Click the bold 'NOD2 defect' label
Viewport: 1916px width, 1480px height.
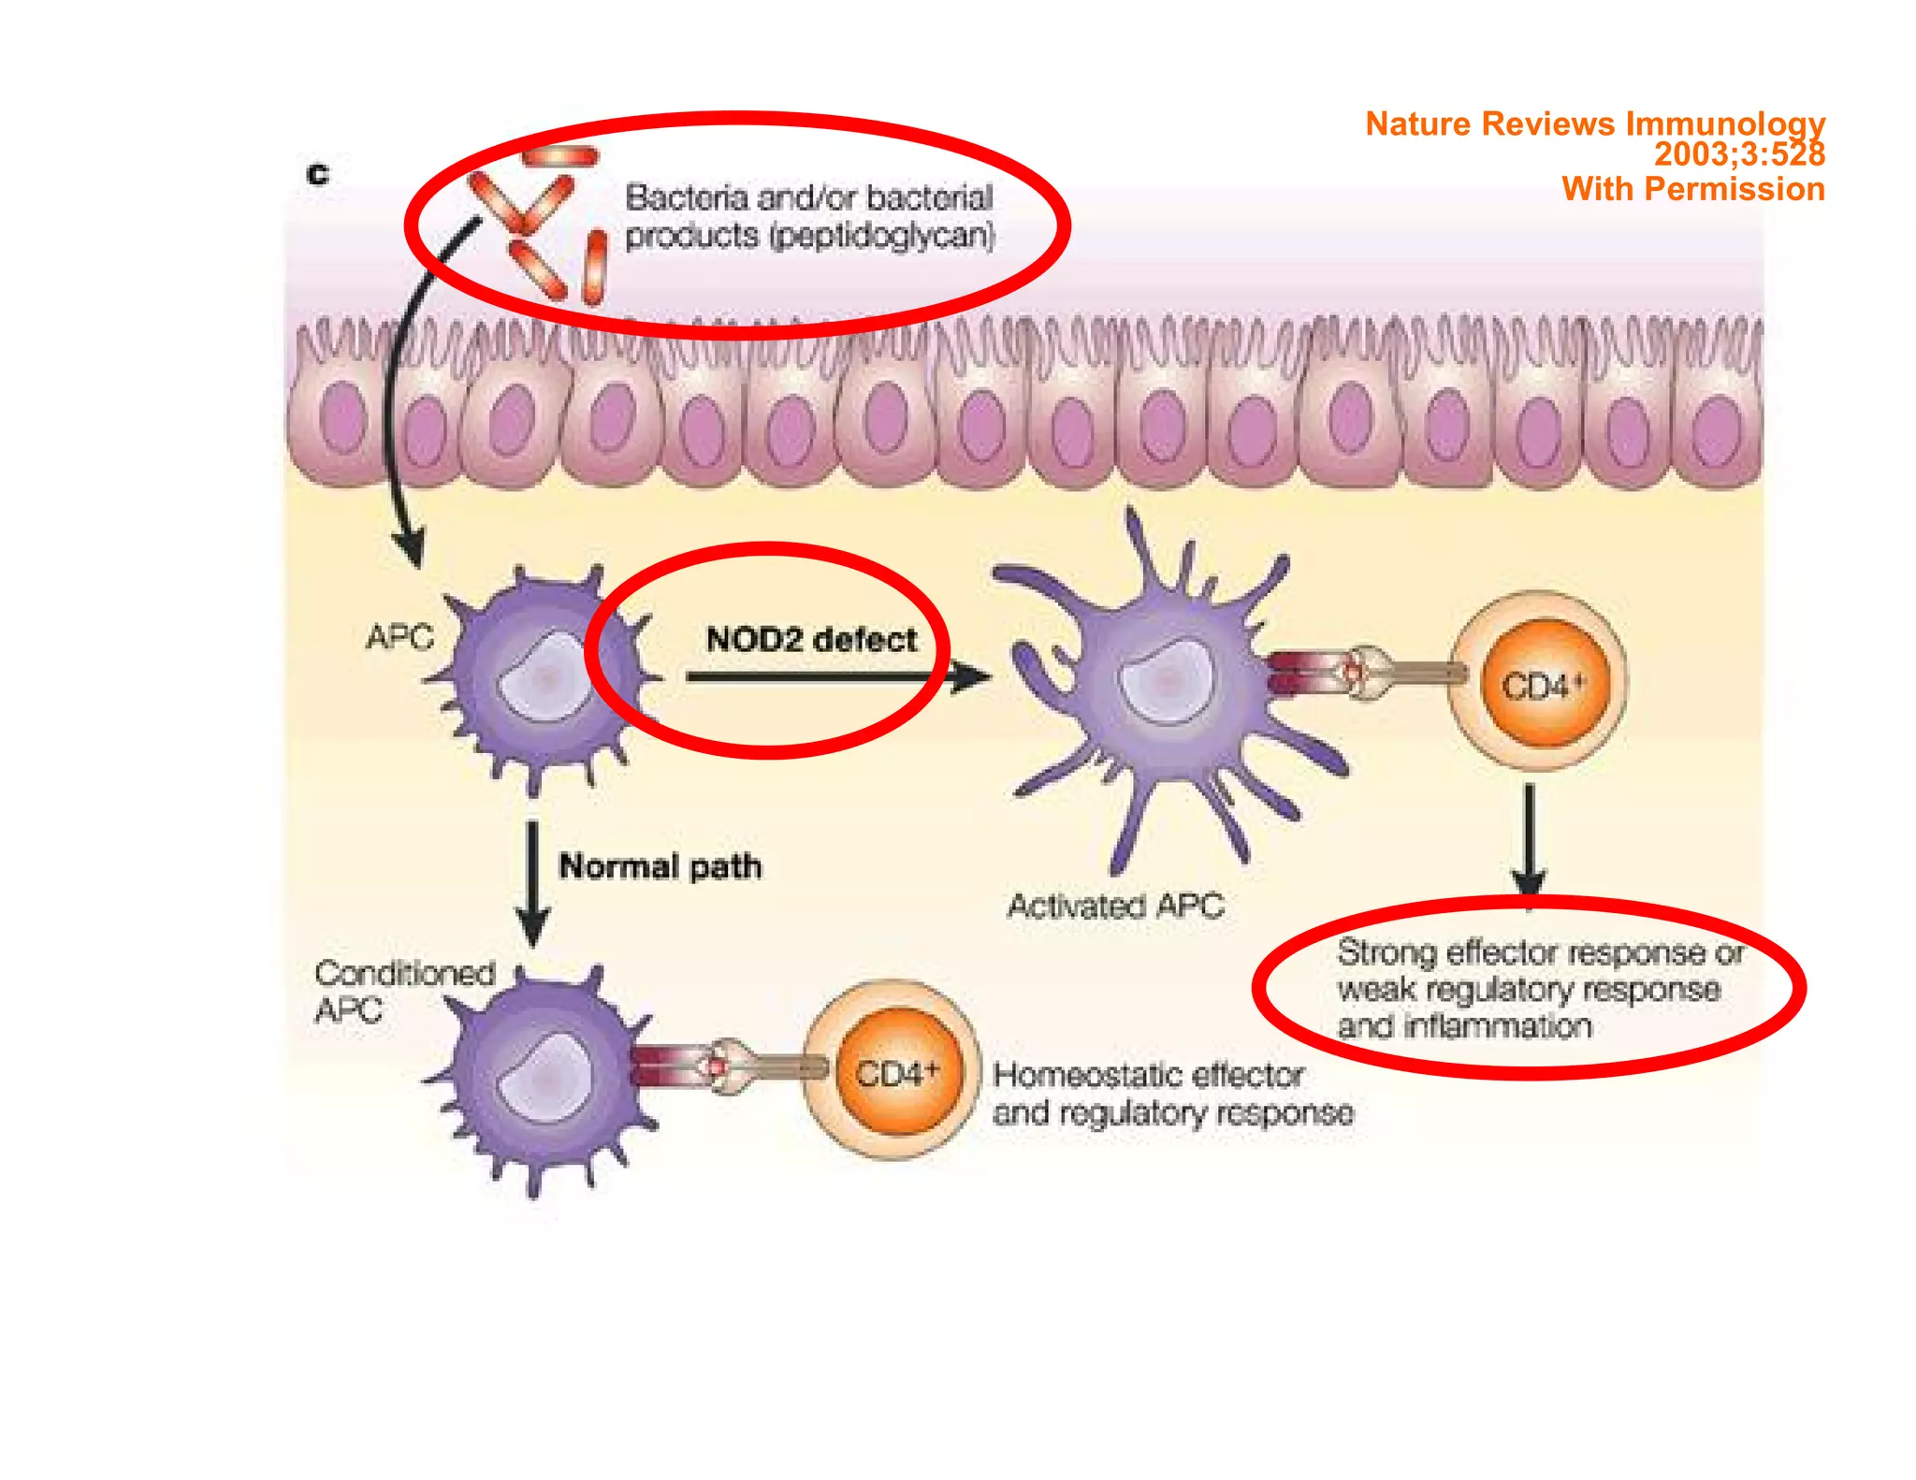click(810, 640)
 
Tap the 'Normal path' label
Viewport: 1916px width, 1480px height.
click(660, 866)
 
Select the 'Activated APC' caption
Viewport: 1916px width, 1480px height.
click(1115, 906)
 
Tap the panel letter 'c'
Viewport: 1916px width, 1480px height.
click(318, 174)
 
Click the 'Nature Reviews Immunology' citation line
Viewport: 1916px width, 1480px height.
click(1594, 123)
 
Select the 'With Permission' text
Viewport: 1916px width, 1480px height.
click(1692, 189)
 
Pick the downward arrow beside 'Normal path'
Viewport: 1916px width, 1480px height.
click(532, 884)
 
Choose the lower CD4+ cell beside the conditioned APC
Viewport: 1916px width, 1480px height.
click(895, 1071)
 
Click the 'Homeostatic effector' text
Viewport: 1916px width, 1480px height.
click(1148, 1075)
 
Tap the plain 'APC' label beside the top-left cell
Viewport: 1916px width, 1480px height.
click(399, 638)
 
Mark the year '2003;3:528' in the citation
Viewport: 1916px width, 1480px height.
click(1738, 154)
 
